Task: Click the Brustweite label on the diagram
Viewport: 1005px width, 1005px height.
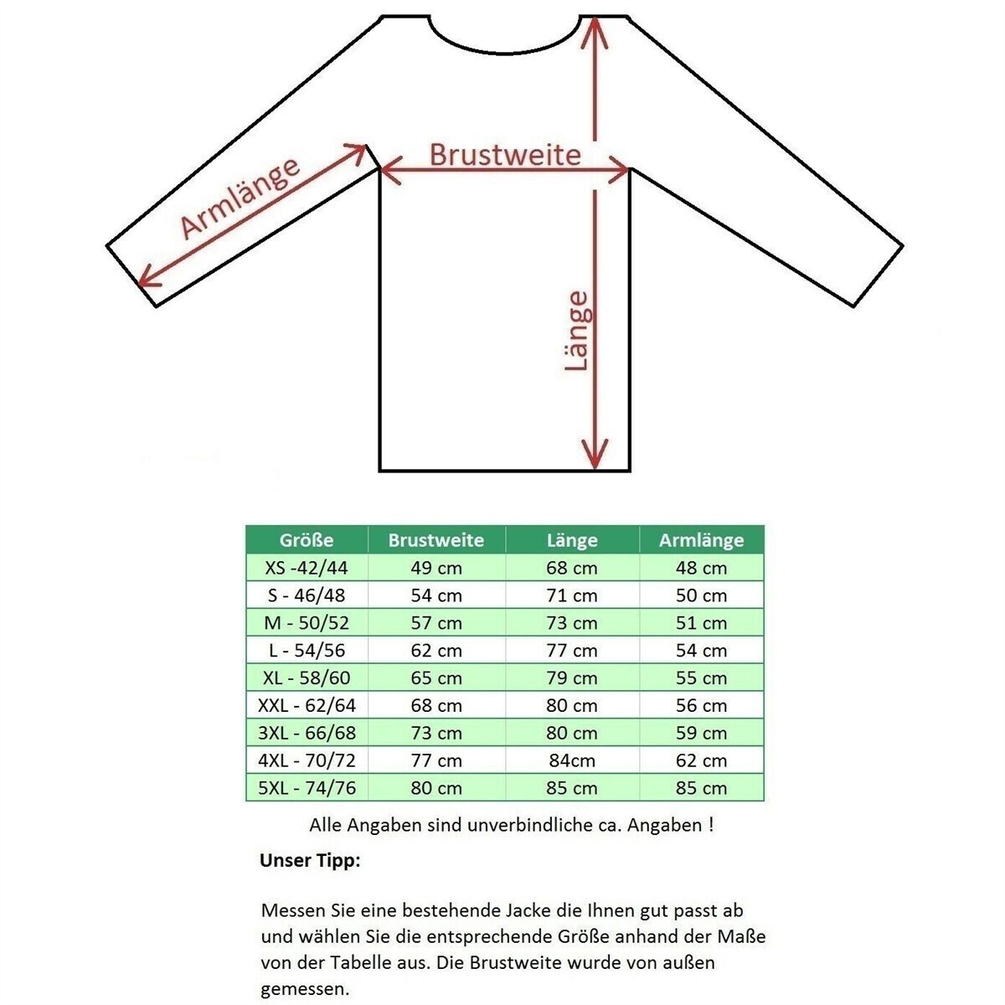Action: [505, 154]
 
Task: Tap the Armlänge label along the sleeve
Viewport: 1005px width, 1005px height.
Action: [240, 198]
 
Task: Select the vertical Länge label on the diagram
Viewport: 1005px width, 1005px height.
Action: [576, 330]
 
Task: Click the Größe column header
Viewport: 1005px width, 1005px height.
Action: [307, 540]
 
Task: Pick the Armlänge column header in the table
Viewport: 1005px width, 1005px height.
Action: [701, 540]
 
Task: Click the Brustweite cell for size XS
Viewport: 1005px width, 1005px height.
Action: [436, 568]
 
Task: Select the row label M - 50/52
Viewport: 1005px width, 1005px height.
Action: [307, 623]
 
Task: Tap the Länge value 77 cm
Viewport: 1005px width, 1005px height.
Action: [572, 651]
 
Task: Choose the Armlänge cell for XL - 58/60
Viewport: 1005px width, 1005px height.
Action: [702, 678]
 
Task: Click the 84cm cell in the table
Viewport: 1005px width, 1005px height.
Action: [572, 760]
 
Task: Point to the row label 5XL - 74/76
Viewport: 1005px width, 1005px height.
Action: [307, 788]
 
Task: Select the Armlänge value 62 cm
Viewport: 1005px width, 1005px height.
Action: [702, 760]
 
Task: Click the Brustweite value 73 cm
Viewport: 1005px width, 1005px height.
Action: [436, 733]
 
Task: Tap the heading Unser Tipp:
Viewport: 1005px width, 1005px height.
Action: [310, 861]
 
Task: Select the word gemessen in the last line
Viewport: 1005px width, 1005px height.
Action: [301, 989]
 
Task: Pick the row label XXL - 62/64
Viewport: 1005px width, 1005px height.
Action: [307, 705]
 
